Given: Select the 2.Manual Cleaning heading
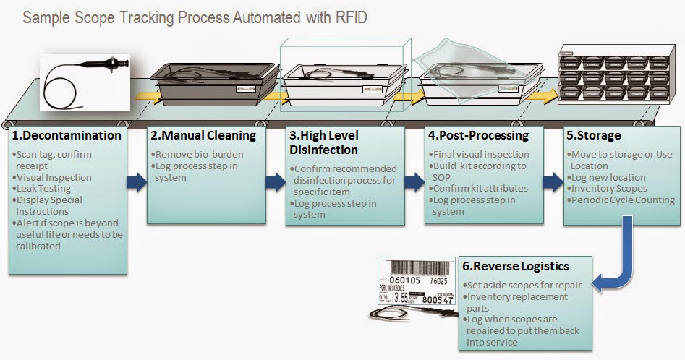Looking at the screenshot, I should [x=203, y=135].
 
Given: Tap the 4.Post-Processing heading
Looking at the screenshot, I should [x=478, y=135].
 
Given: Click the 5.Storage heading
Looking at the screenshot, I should [x=595, y=135].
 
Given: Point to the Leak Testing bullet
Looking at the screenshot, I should [x=46, y=188].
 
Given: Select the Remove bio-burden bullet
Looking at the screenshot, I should [x=197, y=154].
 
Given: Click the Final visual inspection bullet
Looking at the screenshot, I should [x=480, y=154].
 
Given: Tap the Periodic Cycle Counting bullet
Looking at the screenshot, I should [x=623, y=200].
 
